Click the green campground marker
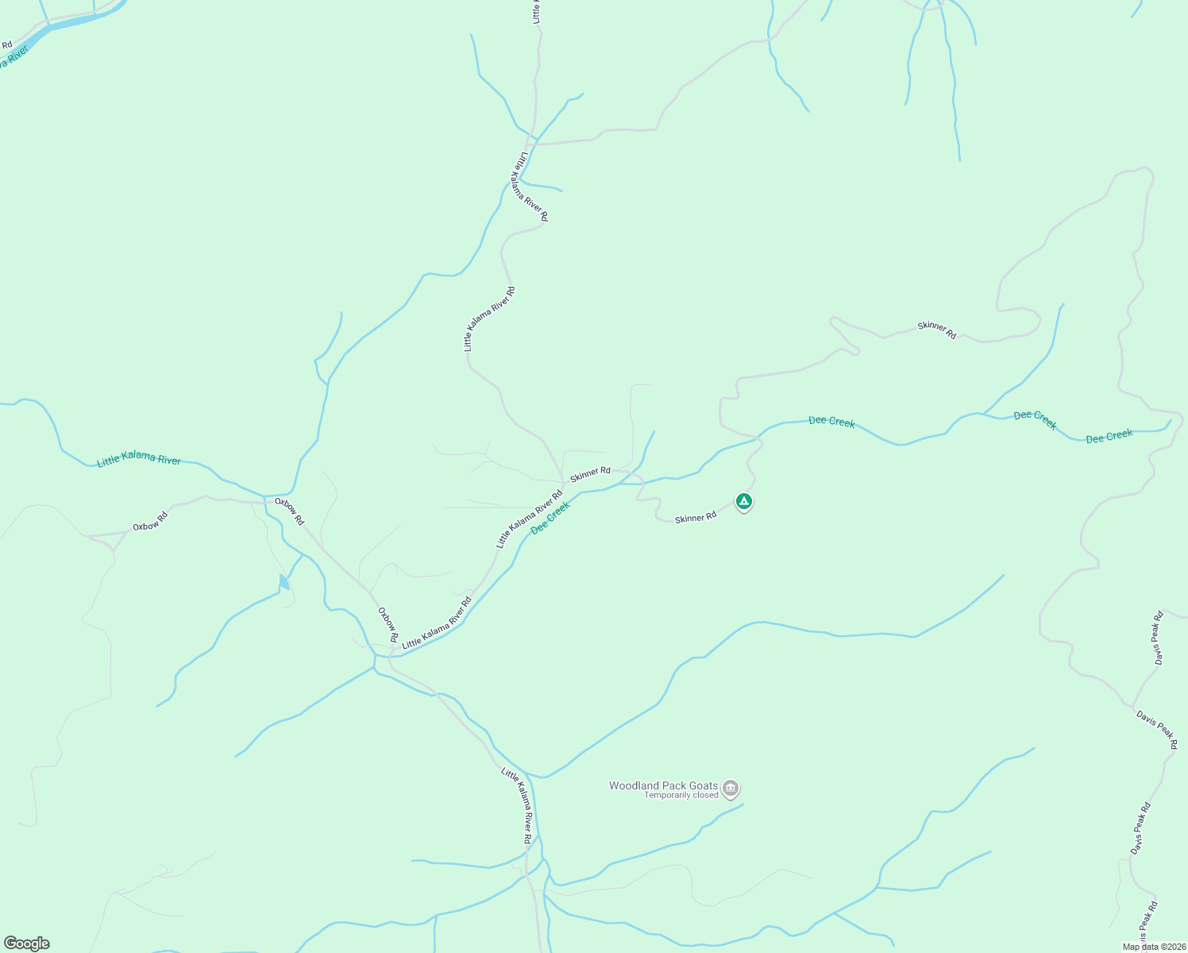pos(743,501)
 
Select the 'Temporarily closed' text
pos(681,795)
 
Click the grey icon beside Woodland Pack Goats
pos(731,789)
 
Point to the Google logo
pos(26,943)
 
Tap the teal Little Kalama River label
pos(139,460)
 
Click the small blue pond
pos(283,582)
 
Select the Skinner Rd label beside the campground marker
pos(696,517)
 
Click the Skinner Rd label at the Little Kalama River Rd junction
pos(590,473)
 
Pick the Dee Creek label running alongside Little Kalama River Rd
pos(550,518)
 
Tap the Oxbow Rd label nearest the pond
pos(289,511)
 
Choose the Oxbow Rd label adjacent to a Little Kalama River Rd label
pos(388,625)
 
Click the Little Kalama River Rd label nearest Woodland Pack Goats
pos(518,804)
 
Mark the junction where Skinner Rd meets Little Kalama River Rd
pos(563,481)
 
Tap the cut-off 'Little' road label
pos(537,12)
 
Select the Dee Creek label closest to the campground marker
pos(831,421)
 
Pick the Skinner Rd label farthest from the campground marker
pos(937,330)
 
